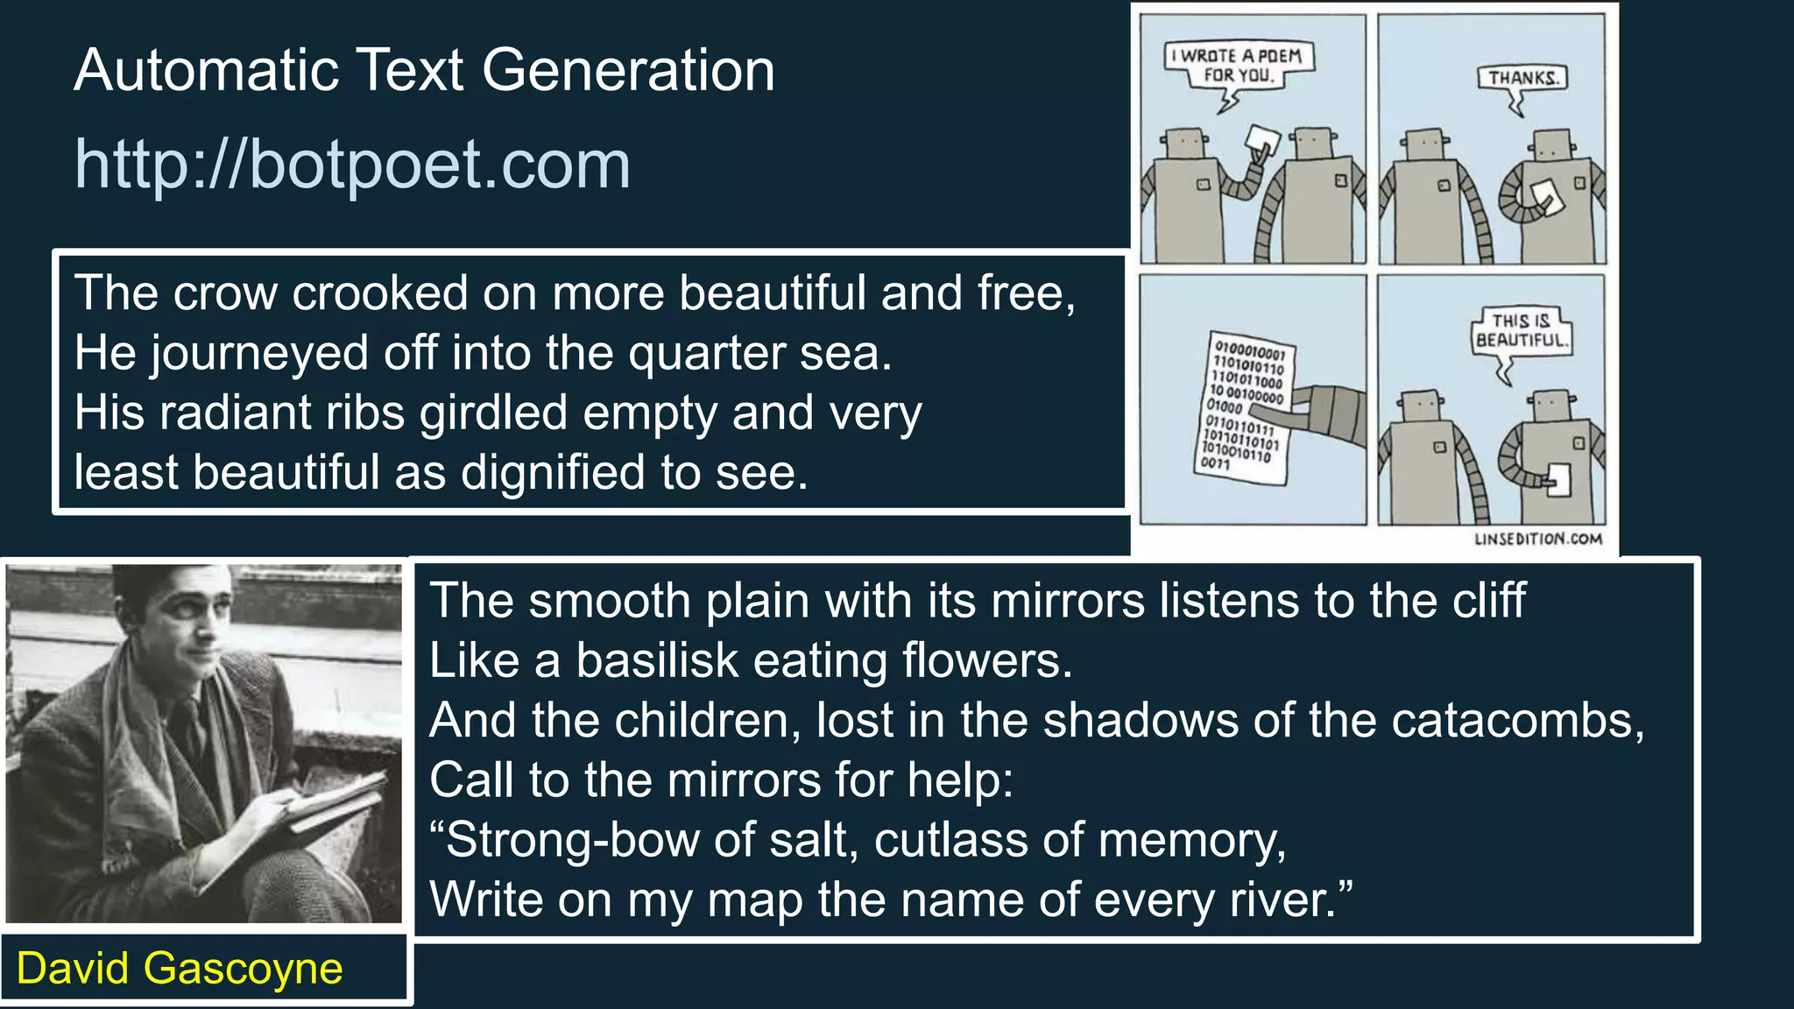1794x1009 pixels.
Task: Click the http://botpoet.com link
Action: click(352, 164)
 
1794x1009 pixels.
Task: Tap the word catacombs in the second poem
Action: click(1516, 720)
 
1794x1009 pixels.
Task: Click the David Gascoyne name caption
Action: click(180, 969)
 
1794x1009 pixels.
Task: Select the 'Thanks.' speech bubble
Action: click(1523, 78)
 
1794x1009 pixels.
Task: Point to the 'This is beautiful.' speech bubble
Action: click(1522, 331)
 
